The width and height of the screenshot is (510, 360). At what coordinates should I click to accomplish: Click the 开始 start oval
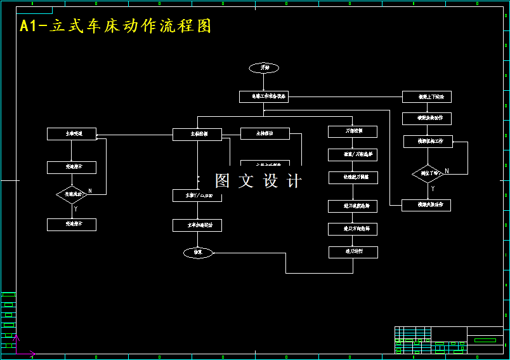point(264,67)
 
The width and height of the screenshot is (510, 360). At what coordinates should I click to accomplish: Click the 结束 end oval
point(197,252)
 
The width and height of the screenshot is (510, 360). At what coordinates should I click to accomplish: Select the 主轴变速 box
point(72,133)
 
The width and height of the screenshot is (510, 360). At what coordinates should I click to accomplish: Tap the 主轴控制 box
point(197,134)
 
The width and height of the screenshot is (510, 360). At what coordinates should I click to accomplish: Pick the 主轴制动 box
point(265,133)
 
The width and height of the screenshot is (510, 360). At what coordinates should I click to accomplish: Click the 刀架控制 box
point(353,131)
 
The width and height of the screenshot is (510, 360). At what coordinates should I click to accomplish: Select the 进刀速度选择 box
point(353,206)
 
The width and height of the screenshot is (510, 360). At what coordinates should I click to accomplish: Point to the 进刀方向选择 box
point(353,228)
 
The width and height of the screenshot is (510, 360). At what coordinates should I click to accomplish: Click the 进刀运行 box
point(353,252)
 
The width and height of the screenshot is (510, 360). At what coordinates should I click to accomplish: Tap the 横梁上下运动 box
point(427,97)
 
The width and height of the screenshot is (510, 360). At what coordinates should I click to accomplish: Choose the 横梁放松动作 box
point(426,118)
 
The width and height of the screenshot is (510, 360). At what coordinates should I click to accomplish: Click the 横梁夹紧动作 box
point(426,205)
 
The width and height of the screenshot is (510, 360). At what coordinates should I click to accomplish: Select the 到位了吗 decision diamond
point(428,173)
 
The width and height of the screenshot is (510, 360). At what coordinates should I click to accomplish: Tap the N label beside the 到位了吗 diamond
point(447,171)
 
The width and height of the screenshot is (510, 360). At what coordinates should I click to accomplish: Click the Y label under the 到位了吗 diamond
point(433,189)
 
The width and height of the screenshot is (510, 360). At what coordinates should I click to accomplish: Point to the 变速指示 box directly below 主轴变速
point(72,168)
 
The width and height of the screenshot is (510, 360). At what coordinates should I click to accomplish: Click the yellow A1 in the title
point(29,26)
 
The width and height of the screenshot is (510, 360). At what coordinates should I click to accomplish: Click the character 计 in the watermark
point(294,181)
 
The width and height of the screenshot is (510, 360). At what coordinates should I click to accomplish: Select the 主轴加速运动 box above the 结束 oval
point(197,225)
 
